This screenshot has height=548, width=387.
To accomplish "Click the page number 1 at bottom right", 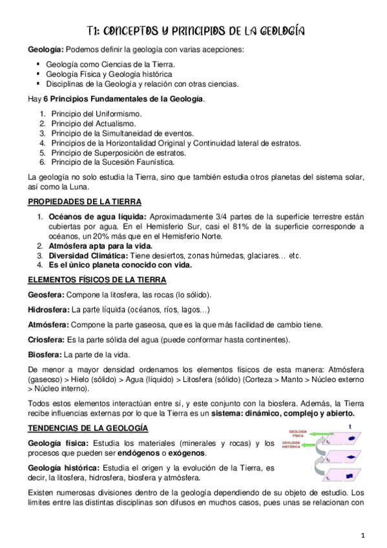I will (363, 535).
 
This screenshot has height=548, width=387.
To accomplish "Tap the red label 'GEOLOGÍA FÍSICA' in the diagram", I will (298, 434).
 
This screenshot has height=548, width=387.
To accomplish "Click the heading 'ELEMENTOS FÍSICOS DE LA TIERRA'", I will (97, 280).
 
